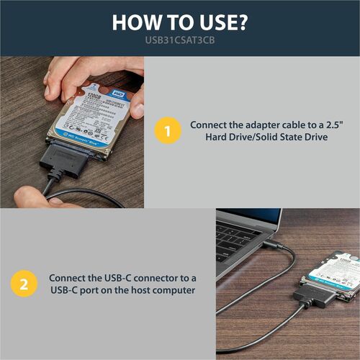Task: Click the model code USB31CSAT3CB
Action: tap(179, 42)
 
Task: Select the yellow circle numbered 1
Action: tap(167, 132)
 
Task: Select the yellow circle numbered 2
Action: tap(24, 284)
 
